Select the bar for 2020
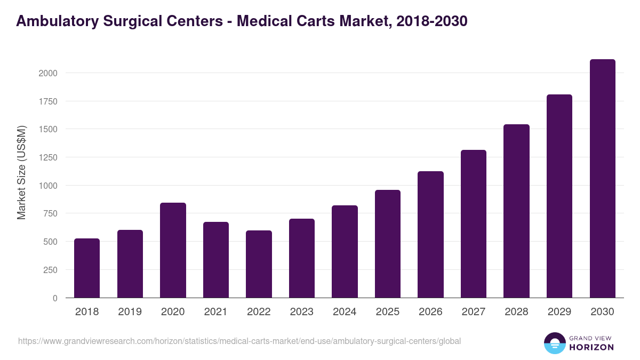(173, 250)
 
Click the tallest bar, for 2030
(602, 179)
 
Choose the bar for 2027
(474, 224)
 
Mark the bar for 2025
(388, 244)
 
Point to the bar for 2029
(559, 196)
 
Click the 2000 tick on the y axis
(47, 73)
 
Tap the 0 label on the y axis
(55, 298)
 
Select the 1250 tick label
(47, 157)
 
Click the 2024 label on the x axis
(345, 312)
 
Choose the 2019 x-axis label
(130, 312)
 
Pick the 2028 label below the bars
(516, 312)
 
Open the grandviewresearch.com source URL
(239, 341)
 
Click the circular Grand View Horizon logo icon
(554, 343)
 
